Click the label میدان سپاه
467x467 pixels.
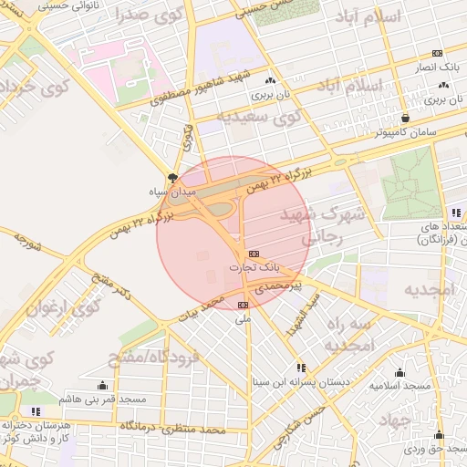(x=171, y=193)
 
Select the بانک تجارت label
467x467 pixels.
(x=254, y=269)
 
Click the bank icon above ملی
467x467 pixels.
(x=243, y=305)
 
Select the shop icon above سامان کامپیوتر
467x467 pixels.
(x=405, y=118)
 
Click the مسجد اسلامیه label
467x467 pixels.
(x=400, y=387)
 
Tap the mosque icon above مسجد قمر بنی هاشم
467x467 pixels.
(x=102, y=385)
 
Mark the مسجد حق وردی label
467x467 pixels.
(x=439, y=450)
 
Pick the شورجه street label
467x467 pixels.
(x=29, y=241)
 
